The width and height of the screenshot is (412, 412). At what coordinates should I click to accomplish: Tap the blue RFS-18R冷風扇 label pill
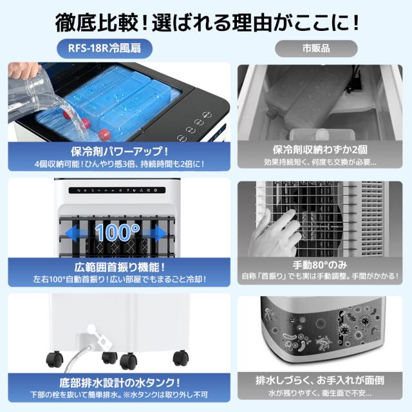(104, 49)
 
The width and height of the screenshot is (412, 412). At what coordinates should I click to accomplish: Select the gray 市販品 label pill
(316, 49)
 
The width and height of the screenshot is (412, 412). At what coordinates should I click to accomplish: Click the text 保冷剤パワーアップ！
(119, 151)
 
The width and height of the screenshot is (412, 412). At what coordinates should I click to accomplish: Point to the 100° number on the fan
(117, 232)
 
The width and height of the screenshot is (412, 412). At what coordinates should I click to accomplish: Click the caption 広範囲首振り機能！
(120, 268)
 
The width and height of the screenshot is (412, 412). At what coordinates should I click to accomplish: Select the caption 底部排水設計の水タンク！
(120, 383)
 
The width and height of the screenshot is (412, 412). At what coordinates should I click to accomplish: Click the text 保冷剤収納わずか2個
(320, 150)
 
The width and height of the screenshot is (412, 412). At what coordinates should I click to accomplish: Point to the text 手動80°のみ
(320, 265)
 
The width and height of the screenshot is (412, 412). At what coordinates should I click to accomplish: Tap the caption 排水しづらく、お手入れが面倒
(320, 380)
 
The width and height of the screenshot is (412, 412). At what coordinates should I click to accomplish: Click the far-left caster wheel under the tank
(55, 360)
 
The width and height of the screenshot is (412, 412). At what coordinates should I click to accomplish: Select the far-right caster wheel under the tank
(181, 358)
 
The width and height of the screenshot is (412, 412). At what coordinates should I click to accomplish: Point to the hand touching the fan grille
(275, 233)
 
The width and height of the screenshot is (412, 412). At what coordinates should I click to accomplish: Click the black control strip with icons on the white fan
(117, 190)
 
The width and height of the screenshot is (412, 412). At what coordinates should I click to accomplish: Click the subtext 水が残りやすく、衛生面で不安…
(320, 393)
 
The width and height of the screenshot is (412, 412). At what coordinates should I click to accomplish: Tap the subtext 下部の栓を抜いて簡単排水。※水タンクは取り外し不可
(119, 395)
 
